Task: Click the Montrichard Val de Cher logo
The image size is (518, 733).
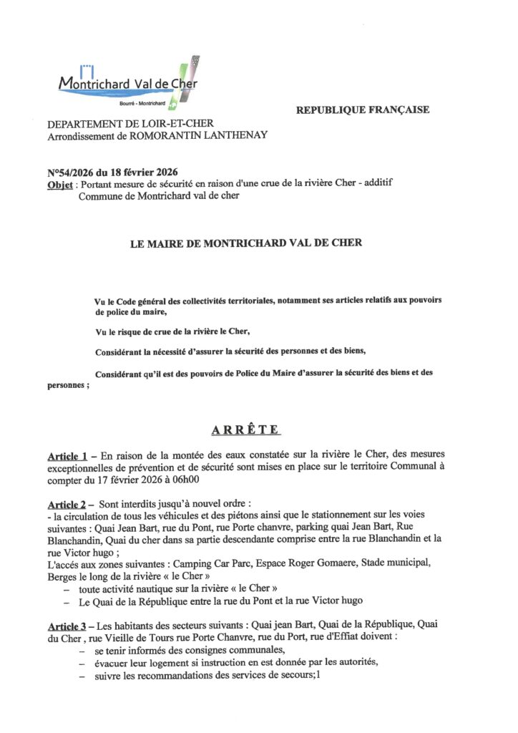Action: [129, 82]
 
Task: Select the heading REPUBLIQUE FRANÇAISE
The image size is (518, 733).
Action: [362, 110]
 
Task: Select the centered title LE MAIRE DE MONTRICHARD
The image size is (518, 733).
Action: [245, 243]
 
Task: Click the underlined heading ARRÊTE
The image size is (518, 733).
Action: [245, 430]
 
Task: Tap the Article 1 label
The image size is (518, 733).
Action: [67, 457]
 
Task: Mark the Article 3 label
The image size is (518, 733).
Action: [67, 624]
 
